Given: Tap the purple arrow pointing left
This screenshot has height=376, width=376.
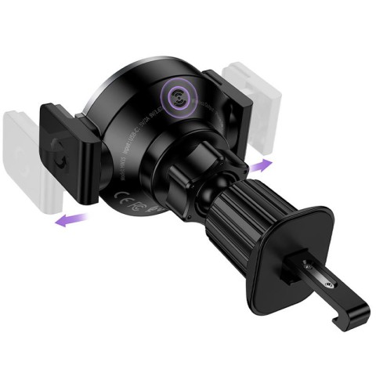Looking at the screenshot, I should pos(69,220).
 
